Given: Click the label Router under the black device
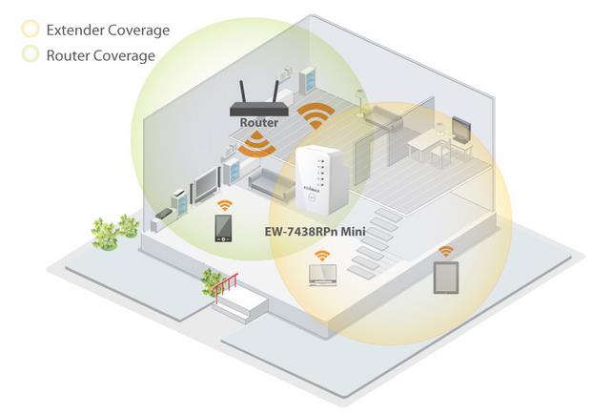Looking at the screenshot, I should [258, 123].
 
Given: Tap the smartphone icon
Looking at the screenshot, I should [222, 230].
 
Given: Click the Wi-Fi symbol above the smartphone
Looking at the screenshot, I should [223, 205].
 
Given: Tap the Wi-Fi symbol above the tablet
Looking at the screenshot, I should [445, 252].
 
